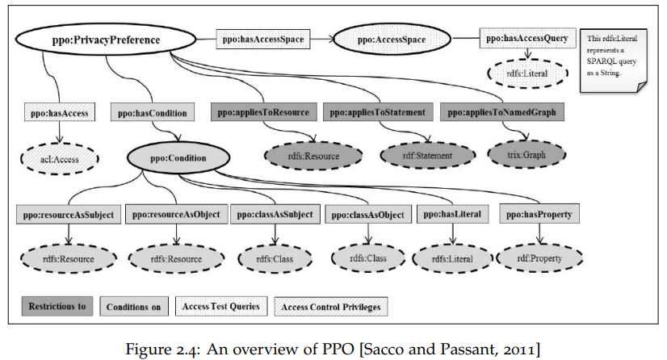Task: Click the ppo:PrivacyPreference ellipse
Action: click(106, 40)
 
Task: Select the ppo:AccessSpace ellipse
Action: click(392, 40)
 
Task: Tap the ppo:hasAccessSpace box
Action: click(263, 40)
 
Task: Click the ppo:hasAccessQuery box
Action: click(527, 38)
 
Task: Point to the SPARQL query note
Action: click(613, 61)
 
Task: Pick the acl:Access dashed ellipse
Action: click(60, 159)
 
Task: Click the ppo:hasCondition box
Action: click(153, 113)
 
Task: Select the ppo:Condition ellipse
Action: click(178, 157)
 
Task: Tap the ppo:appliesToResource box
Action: click(264, 112)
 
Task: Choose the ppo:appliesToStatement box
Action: click(378, 112)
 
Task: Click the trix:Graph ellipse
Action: click(526, 155)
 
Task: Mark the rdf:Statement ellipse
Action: click(427, 156)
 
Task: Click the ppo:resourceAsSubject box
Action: click(69, 214)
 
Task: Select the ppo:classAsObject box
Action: click(368, 215)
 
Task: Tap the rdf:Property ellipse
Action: click(539, 258)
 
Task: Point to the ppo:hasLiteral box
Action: click(452, 214)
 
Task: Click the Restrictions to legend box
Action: click(57, 306)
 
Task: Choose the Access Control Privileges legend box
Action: click(331, 307)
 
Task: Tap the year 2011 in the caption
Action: click(521, 350)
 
